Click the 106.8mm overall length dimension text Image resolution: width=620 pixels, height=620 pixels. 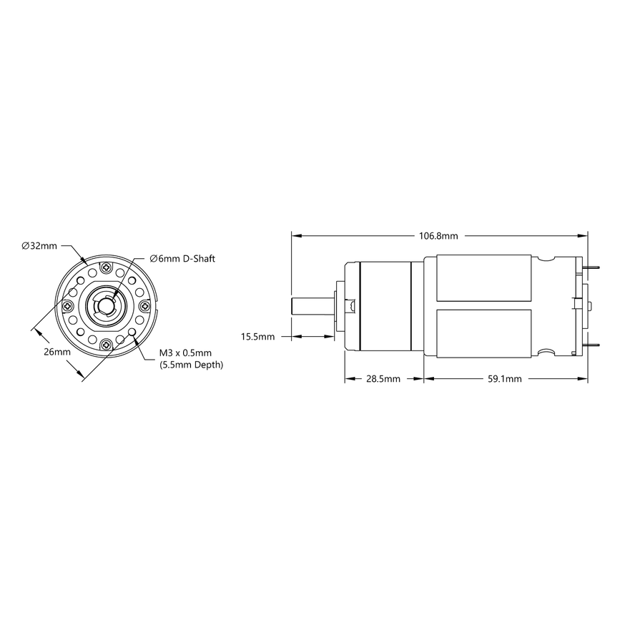click(x=438, y=235)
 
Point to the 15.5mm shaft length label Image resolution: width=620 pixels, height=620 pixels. click(x=258, y=336)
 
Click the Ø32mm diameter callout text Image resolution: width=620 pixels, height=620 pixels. click(x=40, y=246)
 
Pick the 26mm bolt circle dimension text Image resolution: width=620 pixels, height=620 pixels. click(x=56, y=353)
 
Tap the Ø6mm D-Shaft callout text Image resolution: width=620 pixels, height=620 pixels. click(x=182, y=258)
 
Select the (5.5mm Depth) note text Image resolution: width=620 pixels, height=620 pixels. click(x=190, y=365)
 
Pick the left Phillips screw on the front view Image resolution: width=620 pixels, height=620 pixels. click(x=69, y=306)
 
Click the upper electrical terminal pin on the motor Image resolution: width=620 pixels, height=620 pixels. click(x=591, y=269)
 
